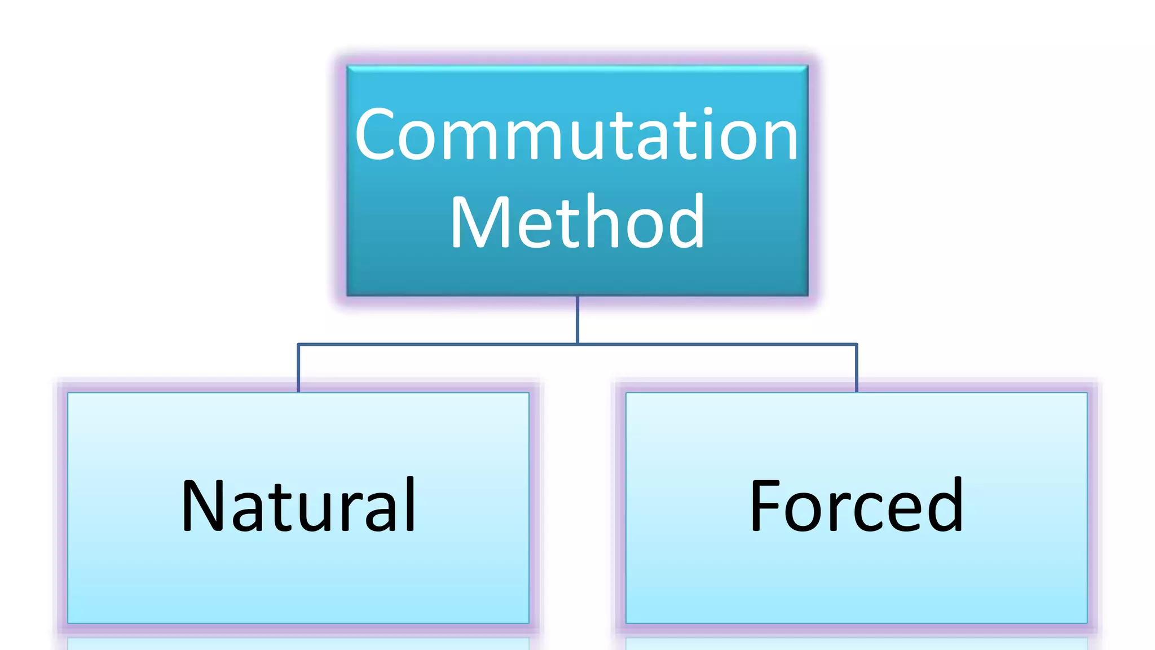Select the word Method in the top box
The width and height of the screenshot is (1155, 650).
(577, 222)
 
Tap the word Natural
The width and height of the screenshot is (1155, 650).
(298, 506)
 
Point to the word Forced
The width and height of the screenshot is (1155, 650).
(856, 506)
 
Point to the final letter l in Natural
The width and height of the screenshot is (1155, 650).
(411, 504)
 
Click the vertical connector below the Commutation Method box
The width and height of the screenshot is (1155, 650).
(577, 319)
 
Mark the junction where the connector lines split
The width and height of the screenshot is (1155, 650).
(577, 344)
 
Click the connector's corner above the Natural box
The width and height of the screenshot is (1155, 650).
(298, 344)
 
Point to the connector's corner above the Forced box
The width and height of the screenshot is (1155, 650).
(856, 344)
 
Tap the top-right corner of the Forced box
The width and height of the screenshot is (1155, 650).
(1086, 393)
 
